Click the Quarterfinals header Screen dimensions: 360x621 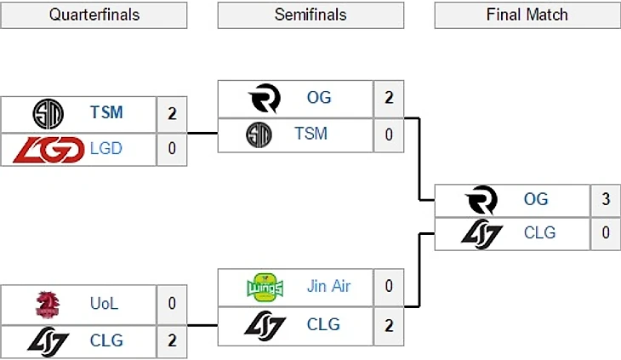tap(94, 15)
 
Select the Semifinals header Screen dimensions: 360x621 tap(310, 15)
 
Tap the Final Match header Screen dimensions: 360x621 tap(527, 15)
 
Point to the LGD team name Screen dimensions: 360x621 tap(106, 148)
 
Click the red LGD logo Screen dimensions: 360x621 tap(48, 149)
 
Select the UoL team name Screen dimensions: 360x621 tap(106, 304)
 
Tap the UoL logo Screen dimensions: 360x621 tap(48, 304)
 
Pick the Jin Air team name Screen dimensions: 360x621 tap(328, 286)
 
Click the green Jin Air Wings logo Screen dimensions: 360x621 tap(263, 286)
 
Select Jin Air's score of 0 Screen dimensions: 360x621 tap(389, 286)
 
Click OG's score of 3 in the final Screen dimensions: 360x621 tap(606, 199)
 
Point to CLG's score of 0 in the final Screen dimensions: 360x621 tap(606, 232)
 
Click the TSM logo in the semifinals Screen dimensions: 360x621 tap(259, 134)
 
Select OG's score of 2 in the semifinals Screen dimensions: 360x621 tap(389, 97)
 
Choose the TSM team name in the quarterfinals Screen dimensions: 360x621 tap(106, 111)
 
